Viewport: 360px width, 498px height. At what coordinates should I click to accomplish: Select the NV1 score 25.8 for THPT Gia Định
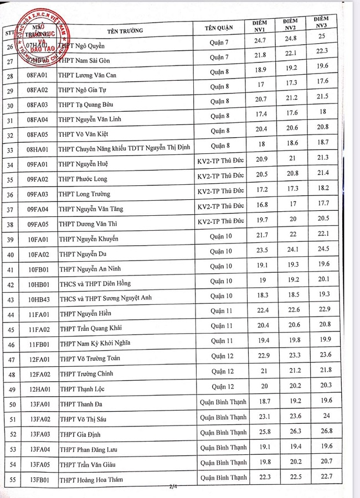[x=259, y=433]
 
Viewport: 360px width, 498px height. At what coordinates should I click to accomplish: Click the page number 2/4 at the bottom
[x=173, y=487]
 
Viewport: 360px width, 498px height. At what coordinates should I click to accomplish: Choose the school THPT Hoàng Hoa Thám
[x=91, y=480]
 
